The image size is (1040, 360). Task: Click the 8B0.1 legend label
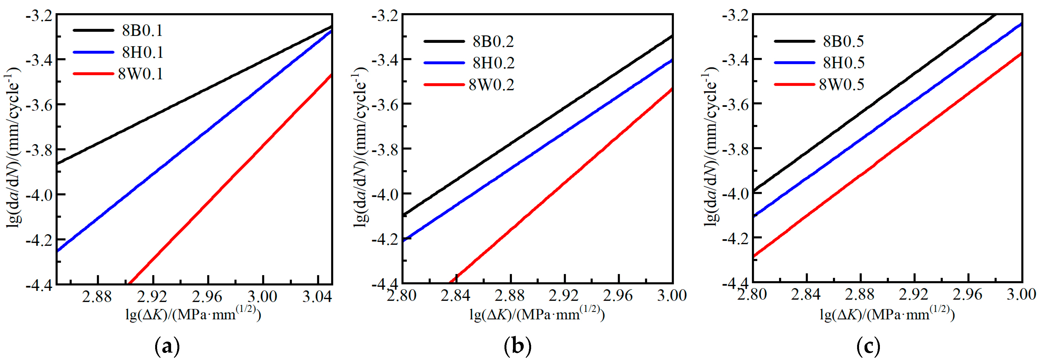[142, 31]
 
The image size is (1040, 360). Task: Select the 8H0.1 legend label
[142, 52]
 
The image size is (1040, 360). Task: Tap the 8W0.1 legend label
[141, 74]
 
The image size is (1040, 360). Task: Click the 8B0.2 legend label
[493, 41]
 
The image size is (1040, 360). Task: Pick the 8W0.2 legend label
[491, 85]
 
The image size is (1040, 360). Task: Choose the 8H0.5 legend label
[843, 63]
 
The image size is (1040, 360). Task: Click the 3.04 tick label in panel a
[317, 297]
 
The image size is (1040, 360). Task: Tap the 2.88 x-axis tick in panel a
[97, 297]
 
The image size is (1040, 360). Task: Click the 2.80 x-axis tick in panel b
[401, 295]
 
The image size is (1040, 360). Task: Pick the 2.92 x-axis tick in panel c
[914, 295]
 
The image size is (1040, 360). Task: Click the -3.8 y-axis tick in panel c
[735, 149]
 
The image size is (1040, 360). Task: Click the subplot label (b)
[518, 346]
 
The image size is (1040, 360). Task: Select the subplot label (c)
[868, 346]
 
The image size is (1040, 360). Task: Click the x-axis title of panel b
[537, 314]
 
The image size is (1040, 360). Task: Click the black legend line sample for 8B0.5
[794, 41]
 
